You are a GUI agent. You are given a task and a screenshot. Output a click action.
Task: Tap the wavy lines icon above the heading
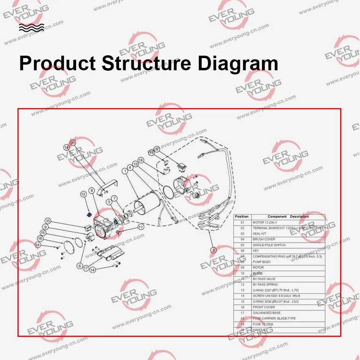31,28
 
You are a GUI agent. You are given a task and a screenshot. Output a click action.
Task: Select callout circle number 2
213,250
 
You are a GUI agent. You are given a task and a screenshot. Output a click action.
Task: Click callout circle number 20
73,143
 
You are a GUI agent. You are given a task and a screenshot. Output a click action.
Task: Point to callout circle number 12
83,194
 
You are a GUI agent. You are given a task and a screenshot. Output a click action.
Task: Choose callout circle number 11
141,227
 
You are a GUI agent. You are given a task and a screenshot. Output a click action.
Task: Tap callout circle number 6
80,266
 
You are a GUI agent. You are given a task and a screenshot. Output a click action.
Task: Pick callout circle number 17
86,268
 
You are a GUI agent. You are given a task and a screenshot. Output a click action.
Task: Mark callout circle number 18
141,160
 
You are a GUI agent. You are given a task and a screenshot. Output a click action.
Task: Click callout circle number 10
48,221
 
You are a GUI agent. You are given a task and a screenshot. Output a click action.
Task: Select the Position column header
242,217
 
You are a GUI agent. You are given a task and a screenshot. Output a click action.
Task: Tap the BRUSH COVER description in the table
264,239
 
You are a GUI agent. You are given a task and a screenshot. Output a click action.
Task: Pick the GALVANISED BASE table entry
266,313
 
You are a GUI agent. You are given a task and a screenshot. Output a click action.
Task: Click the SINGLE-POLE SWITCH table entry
269,245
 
